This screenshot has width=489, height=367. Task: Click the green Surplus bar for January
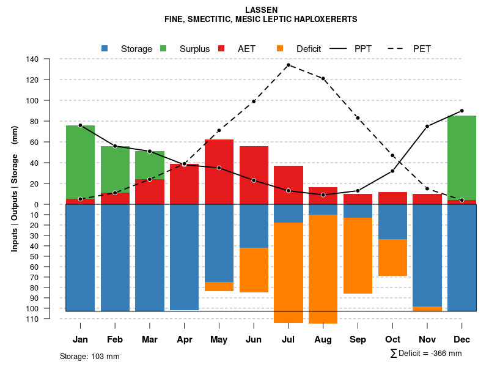pos(80,162)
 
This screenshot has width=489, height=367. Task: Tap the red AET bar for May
pos(219,172)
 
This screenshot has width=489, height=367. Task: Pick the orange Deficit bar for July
pos(289,272)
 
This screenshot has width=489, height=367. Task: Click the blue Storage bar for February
pos(115,258)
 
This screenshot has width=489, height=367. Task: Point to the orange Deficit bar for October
pos(392,258)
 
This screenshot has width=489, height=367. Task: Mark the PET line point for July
pos(288,65)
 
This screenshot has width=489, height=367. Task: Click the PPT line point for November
pos(427,127)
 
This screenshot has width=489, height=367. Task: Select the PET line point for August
pos(323,78)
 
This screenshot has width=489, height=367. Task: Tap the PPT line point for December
pos(462,111)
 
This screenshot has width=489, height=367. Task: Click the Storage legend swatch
pos(105,48)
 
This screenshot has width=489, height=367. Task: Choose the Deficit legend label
pos(309,49)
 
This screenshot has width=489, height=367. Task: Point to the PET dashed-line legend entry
pos(400,49)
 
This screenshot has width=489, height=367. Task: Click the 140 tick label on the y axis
pos(33,59)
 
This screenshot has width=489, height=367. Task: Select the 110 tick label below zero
pos(33,319)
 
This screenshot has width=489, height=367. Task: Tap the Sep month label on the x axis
pos(358,339)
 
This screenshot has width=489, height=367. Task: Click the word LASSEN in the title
pos(261,10)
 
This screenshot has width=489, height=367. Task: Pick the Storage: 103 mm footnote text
pos(90,356)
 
